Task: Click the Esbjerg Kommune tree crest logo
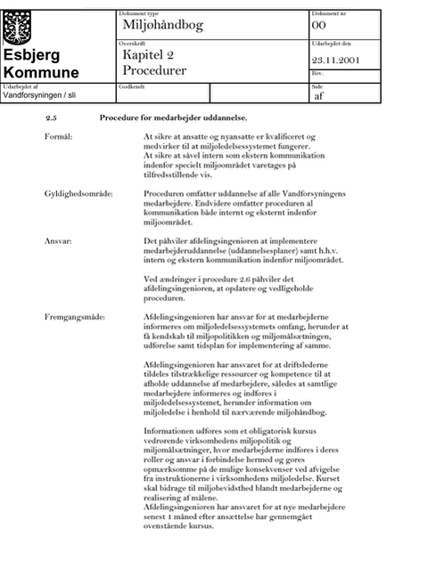(17, 28)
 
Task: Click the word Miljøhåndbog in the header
(163, 26)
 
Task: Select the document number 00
(319, 26)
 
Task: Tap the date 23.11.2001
(336, 61)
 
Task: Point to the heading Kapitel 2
(148, 55)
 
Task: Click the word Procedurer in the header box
(154, 70)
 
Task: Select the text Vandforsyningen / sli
(39, 95)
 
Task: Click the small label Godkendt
(132, 87)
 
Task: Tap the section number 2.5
(51, 118)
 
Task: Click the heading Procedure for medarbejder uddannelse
(173, 118)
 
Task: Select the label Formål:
(59, 137)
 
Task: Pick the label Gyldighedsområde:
(78, 194)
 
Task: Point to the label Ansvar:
(58, 241)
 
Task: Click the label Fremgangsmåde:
(75, 317)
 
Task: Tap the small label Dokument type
(138, 13)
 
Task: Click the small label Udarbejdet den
(332, 44)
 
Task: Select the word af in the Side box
(319, 96)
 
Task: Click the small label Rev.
(317, 73)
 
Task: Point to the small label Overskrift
(132, 44)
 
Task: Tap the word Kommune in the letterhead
(41, 72)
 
